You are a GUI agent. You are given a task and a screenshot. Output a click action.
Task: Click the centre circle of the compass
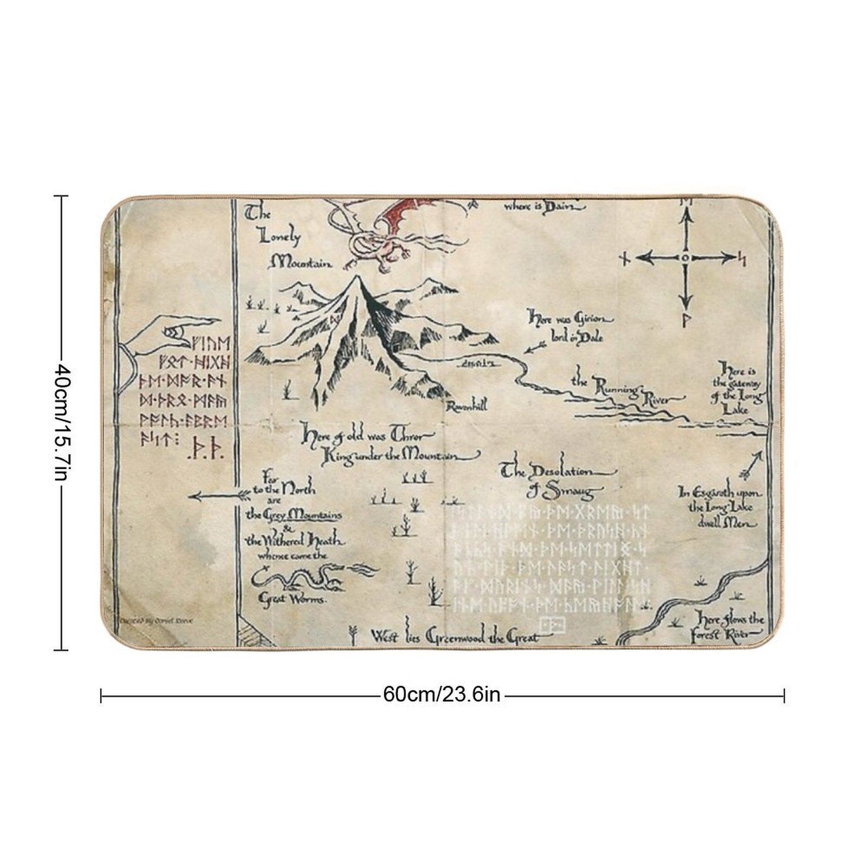[x=685, y=258]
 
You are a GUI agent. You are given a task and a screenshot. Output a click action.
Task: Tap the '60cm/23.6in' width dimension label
[x=442, y=694]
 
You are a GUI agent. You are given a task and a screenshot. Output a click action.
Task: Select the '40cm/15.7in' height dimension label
[x=61, y=422]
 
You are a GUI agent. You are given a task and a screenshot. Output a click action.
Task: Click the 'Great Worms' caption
[x=292, y=599]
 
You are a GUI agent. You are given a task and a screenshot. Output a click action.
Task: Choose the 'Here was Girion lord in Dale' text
[x=569, y=328]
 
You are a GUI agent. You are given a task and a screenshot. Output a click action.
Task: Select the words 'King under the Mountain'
[x=390, y=457]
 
